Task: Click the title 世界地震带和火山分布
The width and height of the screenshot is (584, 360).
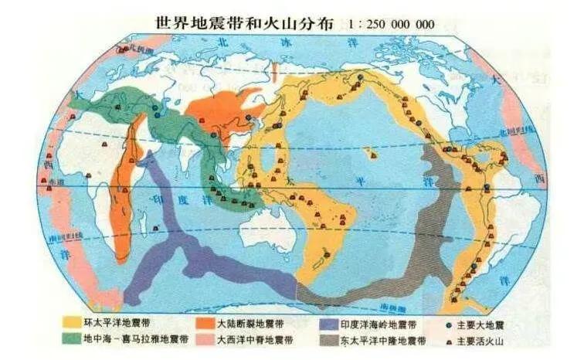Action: (x=240, y=23)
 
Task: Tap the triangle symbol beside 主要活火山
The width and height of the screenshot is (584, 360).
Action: (x=449, y=338)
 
